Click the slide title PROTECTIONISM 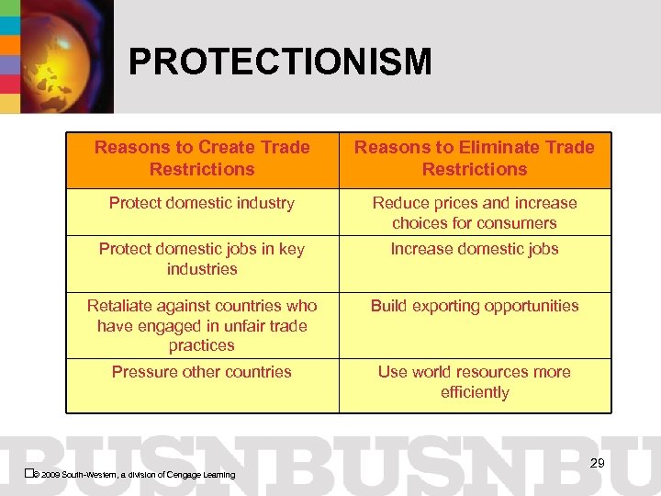tap(279, 62)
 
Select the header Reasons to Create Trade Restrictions tap(202, 158)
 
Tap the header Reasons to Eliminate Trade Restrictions tap(475, 158)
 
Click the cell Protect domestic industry tap(202, 203)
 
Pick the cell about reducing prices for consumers tap(475, 213)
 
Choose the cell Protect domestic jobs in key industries tap(202, 259)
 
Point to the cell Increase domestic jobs tap(475, 249)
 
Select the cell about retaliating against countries tap(202, 325)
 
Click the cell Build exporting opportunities tap(475, 306)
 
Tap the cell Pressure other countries tap(202, 372)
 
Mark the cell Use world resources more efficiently tap(475, 382)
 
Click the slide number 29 tap(597, 463)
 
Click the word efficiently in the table tap(475, 392)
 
